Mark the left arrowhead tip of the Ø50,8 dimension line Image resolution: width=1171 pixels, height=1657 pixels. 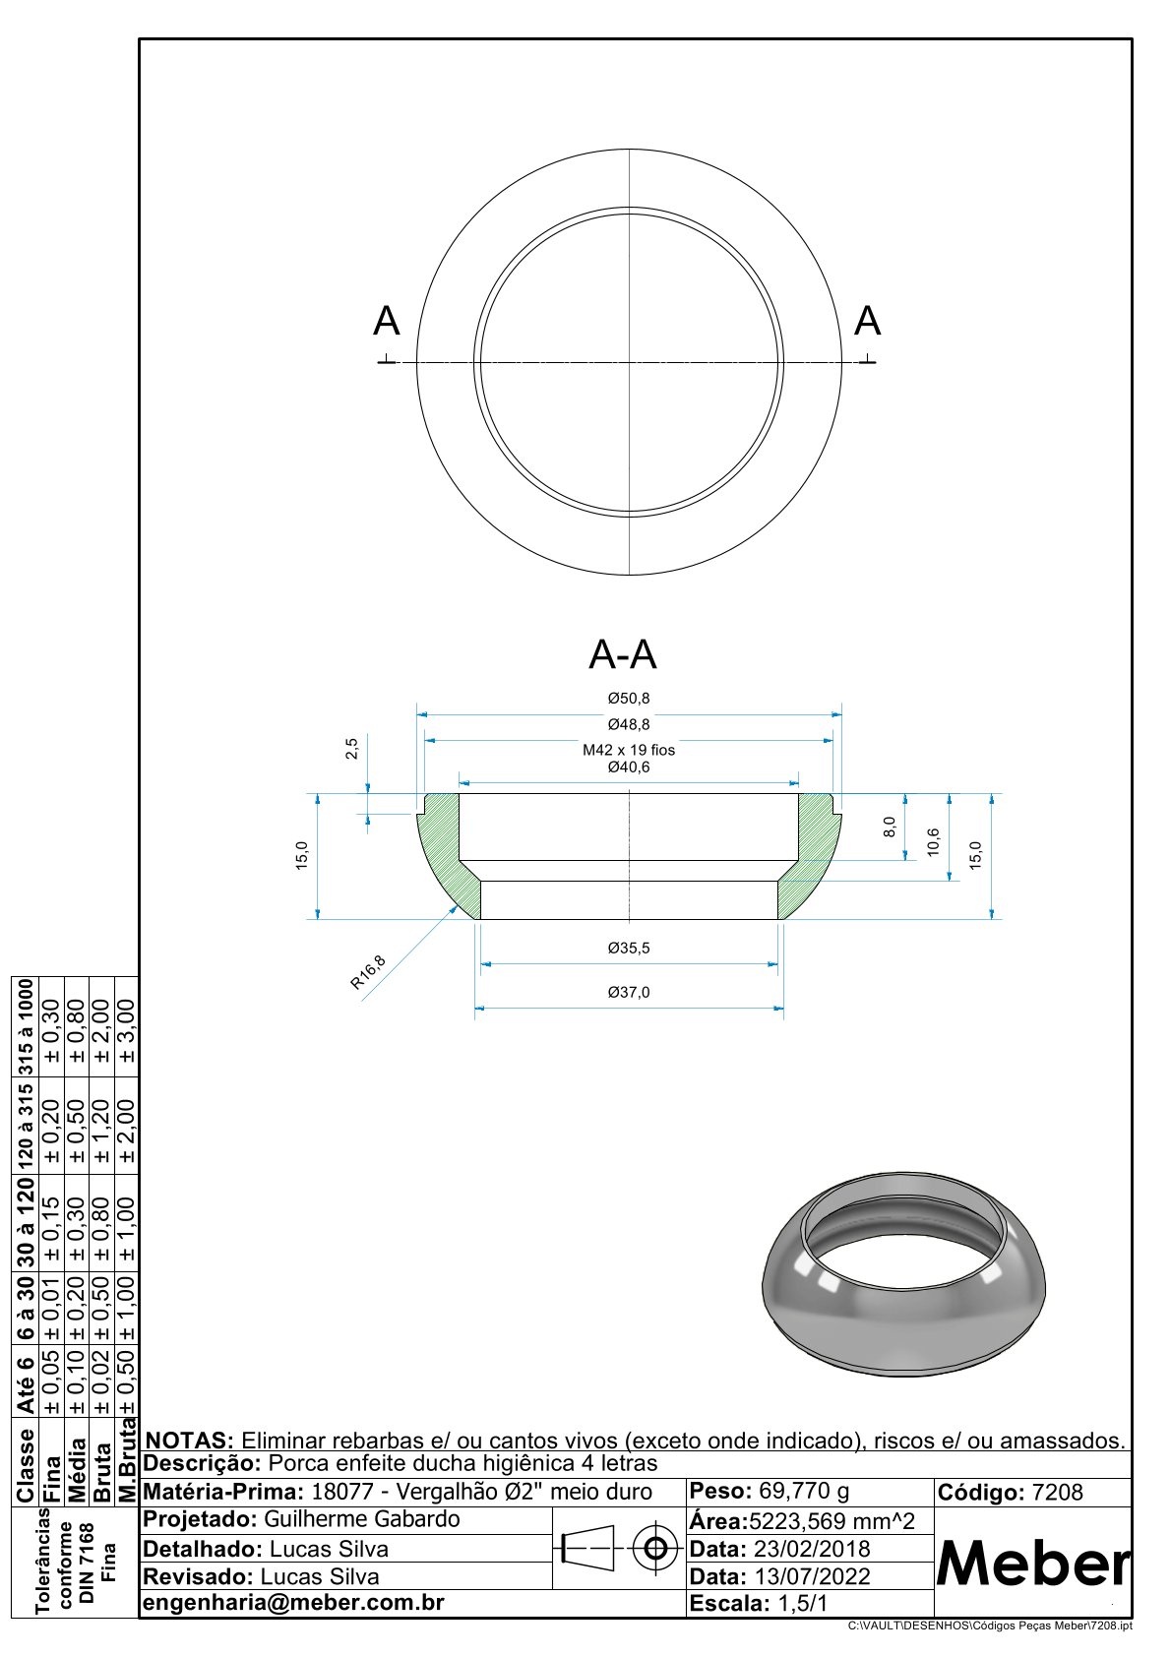tap(417, 714)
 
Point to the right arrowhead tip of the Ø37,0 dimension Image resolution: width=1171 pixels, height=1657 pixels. tap(783, 1008)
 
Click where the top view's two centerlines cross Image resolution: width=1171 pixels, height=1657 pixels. tap(629, 362)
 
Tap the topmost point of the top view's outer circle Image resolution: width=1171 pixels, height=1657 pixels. tap(629, 150)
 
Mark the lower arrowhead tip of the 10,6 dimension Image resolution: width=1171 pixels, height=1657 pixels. tap(949, 881)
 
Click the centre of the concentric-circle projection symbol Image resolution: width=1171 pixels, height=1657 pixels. tap(654, 1548)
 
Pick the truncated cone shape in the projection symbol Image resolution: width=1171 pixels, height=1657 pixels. tap(588, 1548)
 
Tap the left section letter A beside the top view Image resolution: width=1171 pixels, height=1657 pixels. tap(386, 322)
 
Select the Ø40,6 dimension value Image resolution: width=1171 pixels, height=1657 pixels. tap(629, 767)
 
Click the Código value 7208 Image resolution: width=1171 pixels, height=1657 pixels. tap(1057, 1492)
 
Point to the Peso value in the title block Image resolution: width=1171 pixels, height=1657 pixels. tap(804, 1491)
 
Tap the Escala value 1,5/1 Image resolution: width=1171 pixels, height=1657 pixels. tap(802, 1604)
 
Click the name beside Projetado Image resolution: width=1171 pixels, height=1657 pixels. tap(362, 1520)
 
